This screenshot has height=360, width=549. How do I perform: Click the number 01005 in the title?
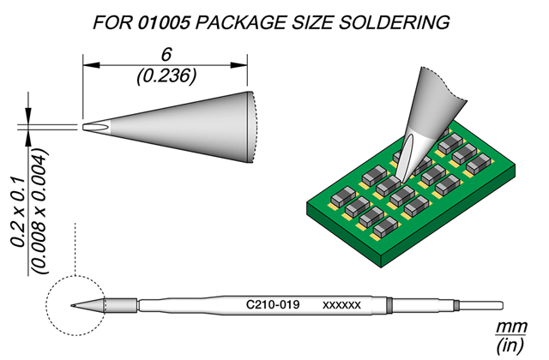pyautogui.click(x=164, y=23)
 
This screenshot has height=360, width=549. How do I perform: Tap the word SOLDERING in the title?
pyautogui.click(x=395, y=23)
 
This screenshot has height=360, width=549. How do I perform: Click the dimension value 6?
pyautogui.click(x=166, y=55)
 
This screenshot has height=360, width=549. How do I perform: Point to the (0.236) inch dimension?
pyautogui.click(x=166, y=76)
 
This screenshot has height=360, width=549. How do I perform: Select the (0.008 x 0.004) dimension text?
pyautogui.click(x=39, y=212)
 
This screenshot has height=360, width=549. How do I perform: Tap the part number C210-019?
pyautogui.click(x=273, y=305)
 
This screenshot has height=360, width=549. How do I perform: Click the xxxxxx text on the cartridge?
pyautogui.click(x=341, y=305)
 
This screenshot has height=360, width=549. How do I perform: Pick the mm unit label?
pyautogui.click(x=511, y=327)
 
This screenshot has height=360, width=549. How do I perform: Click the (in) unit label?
pyautogui.click(x=510, y=346)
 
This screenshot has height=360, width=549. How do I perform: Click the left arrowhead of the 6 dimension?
pyautogui.click(x=92, y=65)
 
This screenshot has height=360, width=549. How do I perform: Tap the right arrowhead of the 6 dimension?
pyautogui.click(x=238, y=65)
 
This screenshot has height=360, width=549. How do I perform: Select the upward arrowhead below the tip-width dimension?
pyautogui.click(x=28, y=138)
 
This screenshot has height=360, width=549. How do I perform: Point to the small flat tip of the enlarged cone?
pyautogui.click(x=85, y=127)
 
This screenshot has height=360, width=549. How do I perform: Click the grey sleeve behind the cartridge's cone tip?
pyautogui.click(x=121, y=305)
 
